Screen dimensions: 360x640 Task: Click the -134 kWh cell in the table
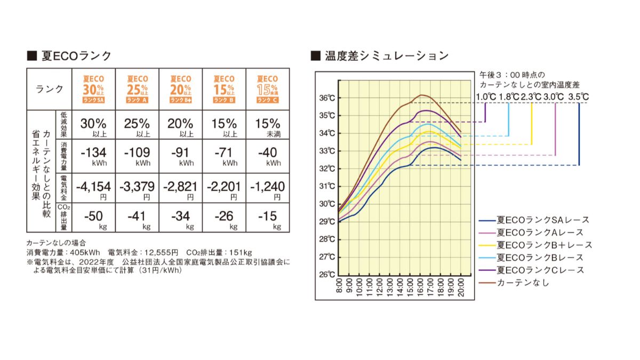coord(93,156)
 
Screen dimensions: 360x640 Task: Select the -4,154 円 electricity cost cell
coord(93,189)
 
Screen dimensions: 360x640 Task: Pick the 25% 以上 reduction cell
coord(137,126)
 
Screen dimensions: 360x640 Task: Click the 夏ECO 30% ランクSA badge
coord(93,89)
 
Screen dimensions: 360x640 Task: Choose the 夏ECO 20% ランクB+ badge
coord(180,89)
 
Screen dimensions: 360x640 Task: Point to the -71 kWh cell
coord(224,156)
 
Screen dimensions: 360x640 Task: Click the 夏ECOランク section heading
coord(69,56)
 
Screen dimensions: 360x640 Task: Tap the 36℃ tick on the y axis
coord(327,98)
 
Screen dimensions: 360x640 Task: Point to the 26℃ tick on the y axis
coord(327,275)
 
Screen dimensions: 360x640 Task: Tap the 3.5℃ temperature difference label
coord(578,97)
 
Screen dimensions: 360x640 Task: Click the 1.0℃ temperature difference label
coord(485,97)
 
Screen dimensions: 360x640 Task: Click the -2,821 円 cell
coord(180,189)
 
